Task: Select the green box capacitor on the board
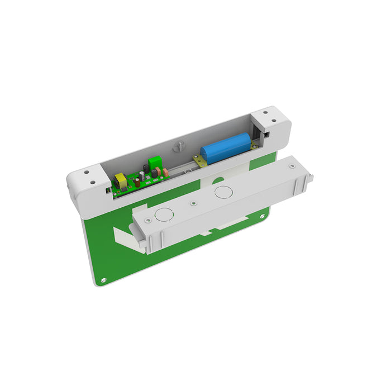[x=153, y=166]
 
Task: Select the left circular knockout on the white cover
[x=164, y=214]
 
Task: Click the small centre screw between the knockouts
[x=193, y=204]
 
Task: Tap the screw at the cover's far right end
[x=291, y=166]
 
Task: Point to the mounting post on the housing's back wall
[x=179, y=147]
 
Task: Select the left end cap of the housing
[x=88, y=184]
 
